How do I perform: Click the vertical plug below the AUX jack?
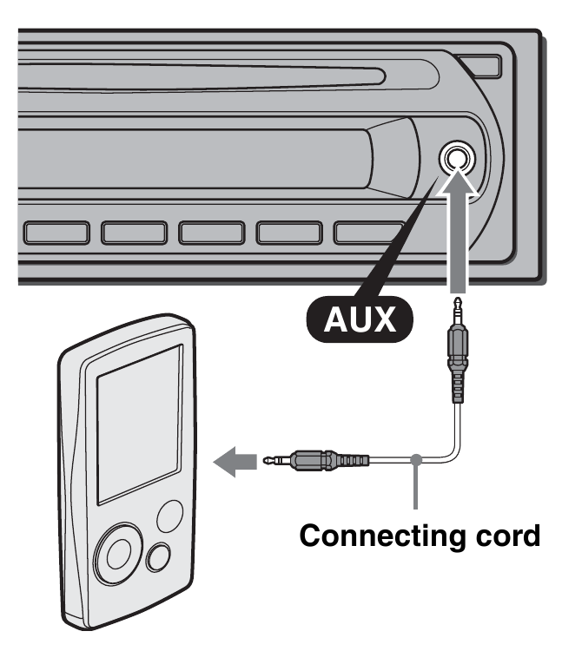click(454, 356)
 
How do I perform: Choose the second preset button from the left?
click(134, 232)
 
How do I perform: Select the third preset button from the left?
click(211, 232)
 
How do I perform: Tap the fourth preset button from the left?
click(288, 232)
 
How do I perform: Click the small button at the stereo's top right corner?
click(480, 65)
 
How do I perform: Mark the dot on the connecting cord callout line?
click(418, 458)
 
